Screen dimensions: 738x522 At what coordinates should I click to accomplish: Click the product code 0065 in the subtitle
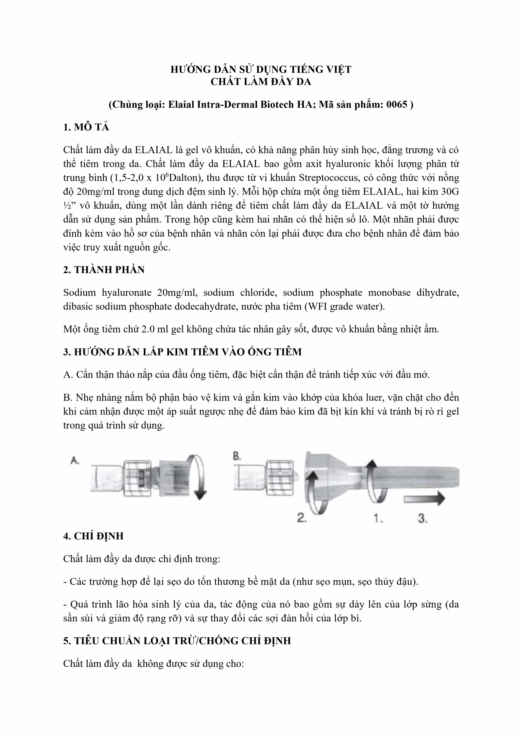point(397,104)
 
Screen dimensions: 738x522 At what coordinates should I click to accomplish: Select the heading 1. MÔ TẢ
point(86,127)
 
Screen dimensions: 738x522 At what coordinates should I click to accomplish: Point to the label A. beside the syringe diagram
point(75,461)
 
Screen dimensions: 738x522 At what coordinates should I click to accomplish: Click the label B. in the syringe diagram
point(237,456)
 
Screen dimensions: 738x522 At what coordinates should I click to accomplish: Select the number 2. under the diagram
point(301,517)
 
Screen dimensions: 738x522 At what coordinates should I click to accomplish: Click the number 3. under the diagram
point(423,518)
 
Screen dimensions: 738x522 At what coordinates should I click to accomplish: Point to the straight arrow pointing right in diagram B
point(424,498)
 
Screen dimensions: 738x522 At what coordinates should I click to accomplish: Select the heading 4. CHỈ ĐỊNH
point(93,536)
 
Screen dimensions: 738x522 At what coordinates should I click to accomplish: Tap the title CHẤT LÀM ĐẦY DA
point(261,82)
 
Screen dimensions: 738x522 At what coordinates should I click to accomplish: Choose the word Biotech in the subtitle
point(277,104)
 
